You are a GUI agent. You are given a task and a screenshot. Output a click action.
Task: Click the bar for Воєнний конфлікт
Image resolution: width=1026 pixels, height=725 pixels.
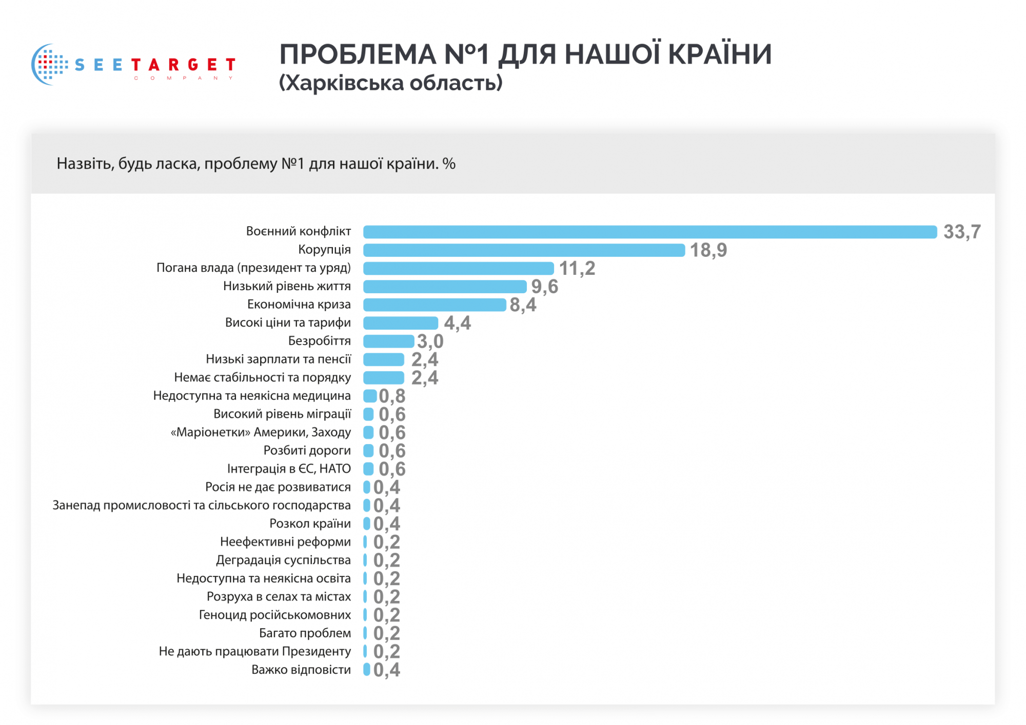click(649, 232)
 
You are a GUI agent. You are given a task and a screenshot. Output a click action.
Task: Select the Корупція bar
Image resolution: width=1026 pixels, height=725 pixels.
click(524, 250)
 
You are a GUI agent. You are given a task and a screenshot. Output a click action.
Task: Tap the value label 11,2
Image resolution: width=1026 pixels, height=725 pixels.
click(577, 269)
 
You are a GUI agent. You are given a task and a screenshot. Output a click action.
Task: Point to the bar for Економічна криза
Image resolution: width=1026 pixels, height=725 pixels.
click(435, 305)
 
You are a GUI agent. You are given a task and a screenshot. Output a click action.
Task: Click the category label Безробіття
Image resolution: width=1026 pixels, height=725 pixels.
click(319, 341)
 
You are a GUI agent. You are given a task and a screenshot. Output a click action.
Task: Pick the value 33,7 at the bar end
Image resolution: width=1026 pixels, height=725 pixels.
click(962, 232)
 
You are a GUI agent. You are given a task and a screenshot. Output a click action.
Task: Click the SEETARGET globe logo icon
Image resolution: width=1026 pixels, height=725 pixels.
click(50, 64)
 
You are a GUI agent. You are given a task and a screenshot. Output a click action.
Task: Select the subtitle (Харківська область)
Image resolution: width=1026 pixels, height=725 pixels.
click(390, 83)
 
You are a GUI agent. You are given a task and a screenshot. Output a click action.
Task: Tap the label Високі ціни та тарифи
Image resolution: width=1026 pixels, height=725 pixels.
click(288, 323)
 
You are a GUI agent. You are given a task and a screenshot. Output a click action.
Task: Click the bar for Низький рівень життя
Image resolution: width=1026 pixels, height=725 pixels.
click(445, 287)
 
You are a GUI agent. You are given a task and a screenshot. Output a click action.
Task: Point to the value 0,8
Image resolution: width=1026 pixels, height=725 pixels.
click(392, 396)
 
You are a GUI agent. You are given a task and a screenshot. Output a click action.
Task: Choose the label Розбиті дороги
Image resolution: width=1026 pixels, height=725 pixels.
click(307, 451)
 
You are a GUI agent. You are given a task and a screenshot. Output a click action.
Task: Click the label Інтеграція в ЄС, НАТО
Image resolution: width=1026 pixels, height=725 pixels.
click(289, 469)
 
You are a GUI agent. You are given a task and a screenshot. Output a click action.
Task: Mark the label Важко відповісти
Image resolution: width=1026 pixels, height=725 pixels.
click(301, 670)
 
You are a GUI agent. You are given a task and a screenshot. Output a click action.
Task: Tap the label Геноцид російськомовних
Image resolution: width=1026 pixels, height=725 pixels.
click(274, 615)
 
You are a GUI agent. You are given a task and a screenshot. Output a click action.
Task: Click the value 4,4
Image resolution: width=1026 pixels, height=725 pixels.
click(457, 323)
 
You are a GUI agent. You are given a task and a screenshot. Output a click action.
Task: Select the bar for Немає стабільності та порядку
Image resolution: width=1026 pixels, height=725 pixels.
click(384, 378)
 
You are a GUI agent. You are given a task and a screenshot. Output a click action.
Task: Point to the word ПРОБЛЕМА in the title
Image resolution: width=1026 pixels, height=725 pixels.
click(357, 54)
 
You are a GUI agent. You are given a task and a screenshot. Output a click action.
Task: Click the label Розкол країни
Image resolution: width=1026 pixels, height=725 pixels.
click(310, 523)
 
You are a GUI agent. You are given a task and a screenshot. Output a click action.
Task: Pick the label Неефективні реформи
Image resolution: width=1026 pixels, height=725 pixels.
click(285, 542)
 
